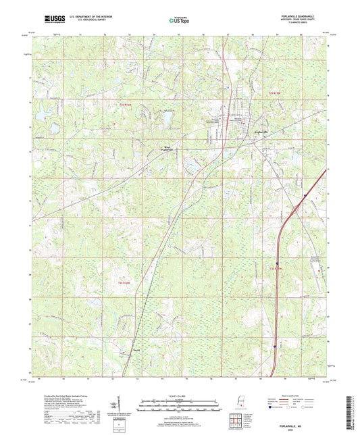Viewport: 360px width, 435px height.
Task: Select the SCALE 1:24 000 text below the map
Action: (x=180, y=395)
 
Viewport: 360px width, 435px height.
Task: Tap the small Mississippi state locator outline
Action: (x=241, y=401)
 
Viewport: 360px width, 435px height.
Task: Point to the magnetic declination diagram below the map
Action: (x=120, y=407)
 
